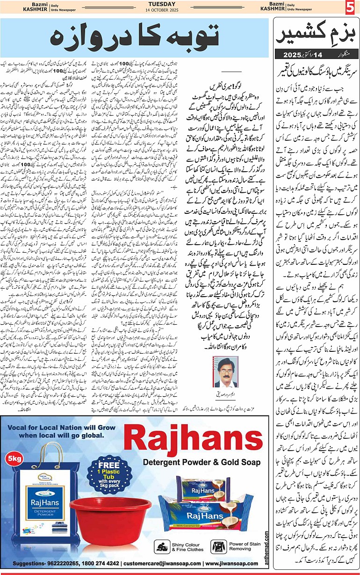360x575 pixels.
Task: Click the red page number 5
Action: (351, 8)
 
